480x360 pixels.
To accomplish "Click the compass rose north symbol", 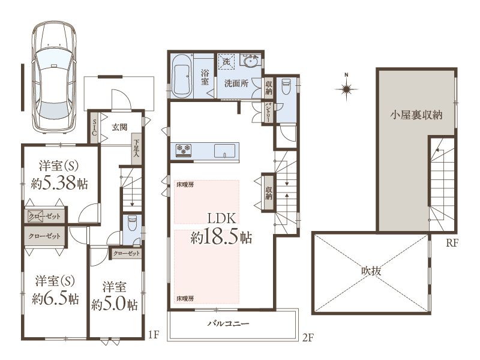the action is coord(347,88).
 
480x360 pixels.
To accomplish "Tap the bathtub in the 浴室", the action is coord(182,76).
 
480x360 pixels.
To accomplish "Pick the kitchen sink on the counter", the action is coord(224,151).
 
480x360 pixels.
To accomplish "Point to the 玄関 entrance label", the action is coord(119,127).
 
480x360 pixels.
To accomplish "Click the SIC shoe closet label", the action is coord(94,128).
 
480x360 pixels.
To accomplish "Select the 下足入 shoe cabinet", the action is coord(137,149).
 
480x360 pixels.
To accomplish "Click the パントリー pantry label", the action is coord(268,113).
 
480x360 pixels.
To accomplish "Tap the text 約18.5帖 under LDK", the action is coord(221,236).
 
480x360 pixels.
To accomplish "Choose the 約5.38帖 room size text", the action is coord(59,183).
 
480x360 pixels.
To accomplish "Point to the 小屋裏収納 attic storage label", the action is coord(416,115).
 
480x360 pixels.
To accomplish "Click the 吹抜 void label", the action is coord(371,271).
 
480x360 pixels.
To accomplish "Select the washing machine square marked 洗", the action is coord(226,62).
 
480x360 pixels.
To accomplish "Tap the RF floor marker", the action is coord(452,243).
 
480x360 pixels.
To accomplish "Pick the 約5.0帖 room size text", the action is coord(114,305).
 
